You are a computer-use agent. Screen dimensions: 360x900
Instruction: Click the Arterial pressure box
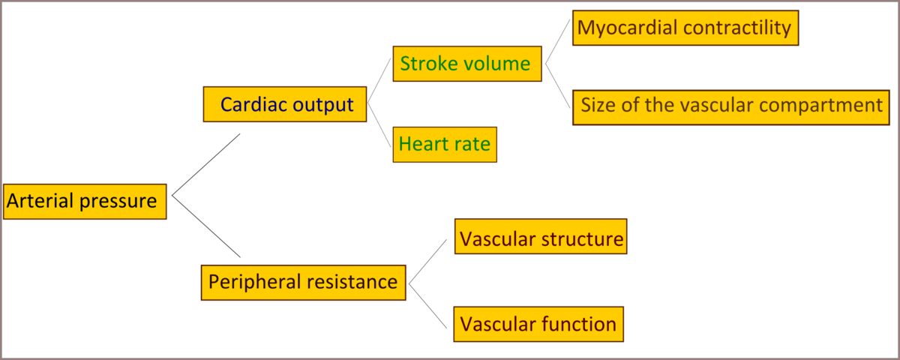pyautogui.click(x=84, y=201)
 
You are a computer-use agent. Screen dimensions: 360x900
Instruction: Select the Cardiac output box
pyautogui.click(x=285, y=104)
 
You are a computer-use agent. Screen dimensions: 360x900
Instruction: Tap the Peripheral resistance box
pyautogui.click(x=303, y=282)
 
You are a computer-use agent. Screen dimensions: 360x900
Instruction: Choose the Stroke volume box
pyautogui.click(x=465, y=64)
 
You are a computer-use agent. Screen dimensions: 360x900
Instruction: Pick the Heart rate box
pyautogui.click(x=445, y=143)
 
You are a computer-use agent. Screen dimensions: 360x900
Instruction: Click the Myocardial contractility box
pyautogui.click(x=685, y=28)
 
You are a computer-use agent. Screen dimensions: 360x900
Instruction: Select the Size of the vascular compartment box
pyautogui.click(x=731, y=105)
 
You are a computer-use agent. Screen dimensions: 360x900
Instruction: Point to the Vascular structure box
pyautogui.click(x=541, y=239)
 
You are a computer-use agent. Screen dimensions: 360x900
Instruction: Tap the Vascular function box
pyautogui.click(x=538, y=324)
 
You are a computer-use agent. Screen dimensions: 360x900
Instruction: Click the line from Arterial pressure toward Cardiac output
pyautogui.click(x=206, y=165)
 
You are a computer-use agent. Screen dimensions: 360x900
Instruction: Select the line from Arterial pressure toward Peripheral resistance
pyautogui.click(x=206, y=226)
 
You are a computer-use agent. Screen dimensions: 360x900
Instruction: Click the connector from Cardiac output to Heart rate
pyautogui.click(x=379, y=124)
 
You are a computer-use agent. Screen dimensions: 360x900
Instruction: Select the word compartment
pyautogui.click(x=829, y=105)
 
